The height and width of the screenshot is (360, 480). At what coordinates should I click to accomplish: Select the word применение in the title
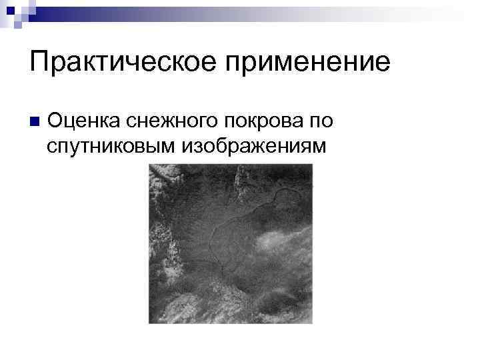(309, 62)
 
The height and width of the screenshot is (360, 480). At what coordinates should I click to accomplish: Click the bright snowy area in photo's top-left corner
(163, 177)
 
